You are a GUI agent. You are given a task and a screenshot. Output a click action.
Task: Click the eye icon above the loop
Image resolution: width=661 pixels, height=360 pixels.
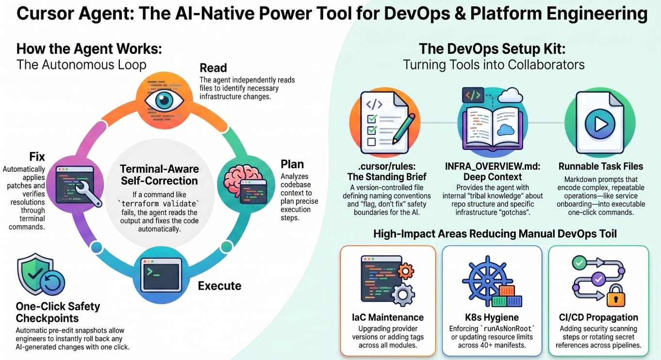164,100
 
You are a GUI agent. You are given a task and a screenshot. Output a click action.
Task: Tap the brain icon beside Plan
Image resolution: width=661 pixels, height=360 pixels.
238,178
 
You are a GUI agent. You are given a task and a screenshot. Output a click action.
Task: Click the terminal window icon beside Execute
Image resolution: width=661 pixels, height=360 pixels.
161,275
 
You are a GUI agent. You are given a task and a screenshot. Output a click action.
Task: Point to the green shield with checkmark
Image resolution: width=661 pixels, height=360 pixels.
35,274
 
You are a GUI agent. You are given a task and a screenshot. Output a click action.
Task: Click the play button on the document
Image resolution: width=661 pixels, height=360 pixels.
600,124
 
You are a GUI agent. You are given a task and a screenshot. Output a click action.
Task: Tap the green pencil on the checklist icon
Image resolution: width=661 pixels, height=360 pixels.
403,129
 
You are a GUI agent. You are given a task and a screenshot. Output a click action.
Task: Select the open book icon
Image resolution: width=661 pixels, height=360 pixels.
493,128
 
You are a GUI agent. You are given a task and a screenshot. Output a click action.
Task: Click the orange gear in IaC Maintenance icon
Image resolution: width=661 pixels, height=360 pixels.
406,271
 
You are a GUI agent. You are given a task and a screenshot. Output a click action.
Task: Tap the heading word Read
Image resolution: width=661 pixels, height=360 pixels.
213,68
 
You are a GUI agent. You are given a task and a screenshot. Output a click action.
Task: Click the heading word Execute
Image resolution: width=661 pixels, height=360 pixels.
219,286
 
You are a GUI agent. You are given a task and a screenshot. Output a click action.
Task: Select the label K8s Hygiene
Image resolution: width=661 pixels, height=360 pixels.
492,317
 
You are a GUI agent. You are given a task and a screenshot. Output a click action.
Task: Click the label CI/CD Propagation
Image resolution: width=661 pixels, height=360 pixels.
598,317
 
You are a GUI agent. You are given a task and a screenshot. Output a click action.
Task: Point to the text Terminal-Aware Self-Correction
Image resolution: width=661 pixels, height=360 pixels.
159,175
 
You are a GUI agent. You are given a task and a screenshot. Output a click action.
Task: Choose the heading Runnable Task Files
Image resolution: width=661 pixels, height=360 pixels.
600,166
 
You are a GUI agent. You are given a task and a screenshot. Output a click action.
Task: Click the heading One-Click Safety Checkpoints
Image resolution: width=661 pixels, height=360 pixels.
58,312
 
